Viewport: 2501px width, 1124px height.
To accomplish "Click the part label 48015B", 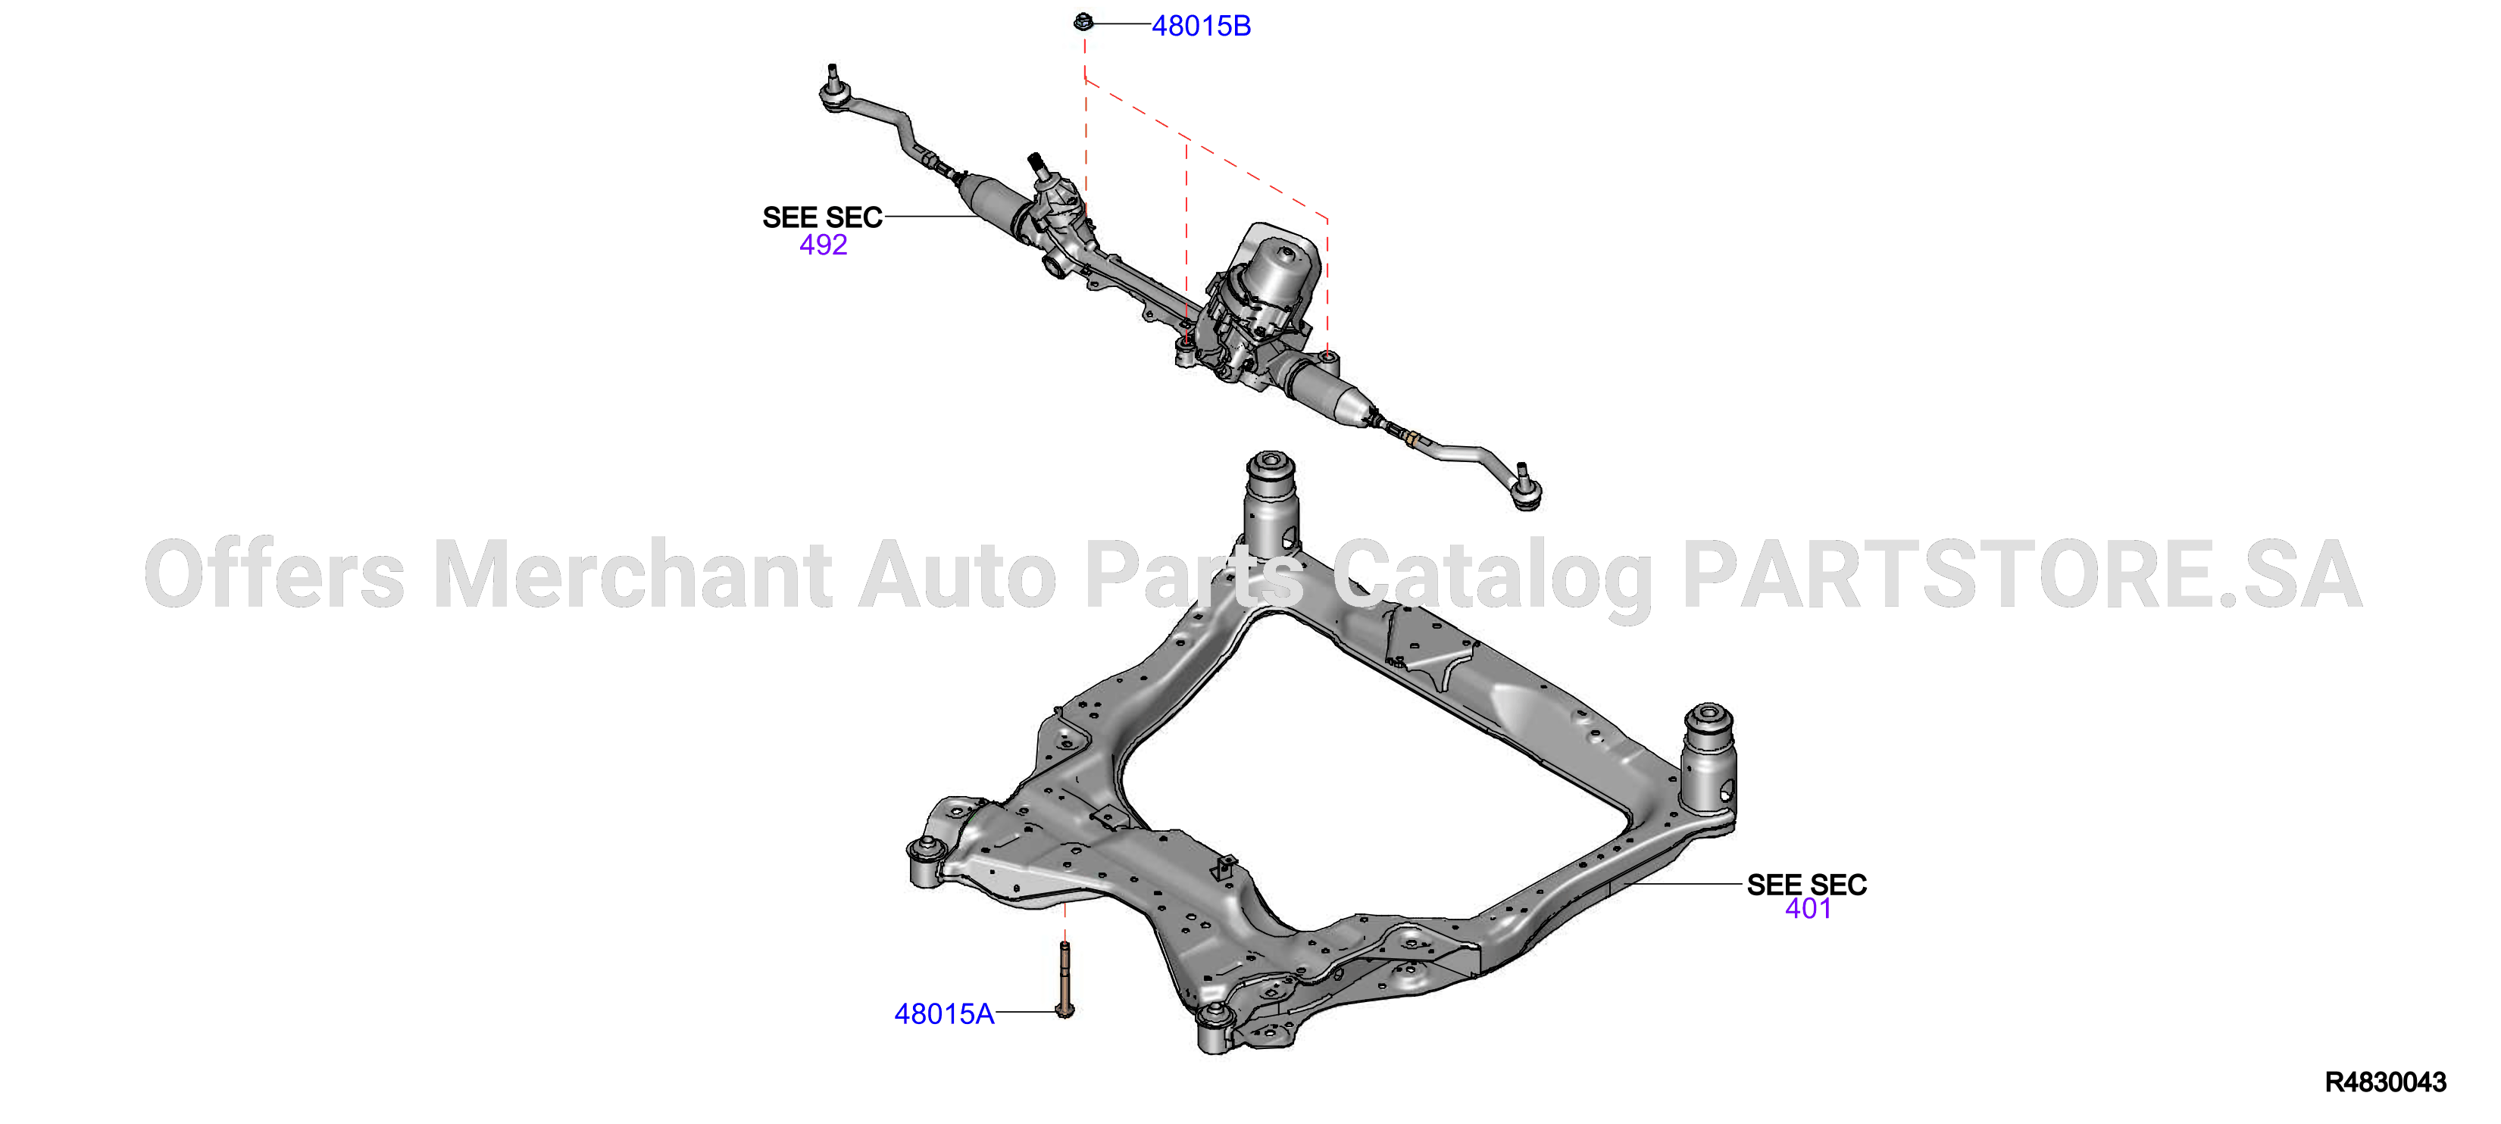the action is coord(1201,27).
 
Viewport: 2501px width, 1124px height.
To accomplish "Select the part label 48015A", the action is coord(944,1014).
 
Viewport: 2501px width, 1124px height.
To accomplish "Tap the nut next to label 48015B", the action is coord(1084,21).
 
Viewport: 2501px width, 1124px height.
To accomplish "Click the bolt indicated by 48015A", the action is coord(1065,979).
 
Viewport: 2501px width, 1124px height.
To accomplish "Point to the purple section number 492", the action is coord(824,245).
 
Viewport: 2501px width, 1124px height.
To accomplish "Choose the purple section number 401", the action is coord(1808,909).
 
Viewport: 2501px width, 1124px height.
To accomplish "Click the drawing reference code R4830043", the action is coord(2386,1082).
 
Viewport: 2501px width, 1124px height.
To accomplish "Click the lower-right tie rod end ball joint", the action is coord(1525,491).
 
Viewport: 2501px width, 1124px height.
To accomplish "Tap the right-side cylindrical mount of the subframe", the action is coord(1708,758).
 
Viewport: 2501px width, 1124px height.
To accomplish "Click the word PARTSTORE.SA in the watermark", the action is coord(2022,576).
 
